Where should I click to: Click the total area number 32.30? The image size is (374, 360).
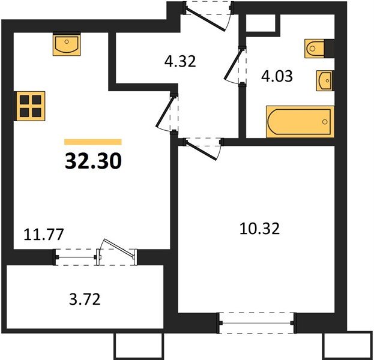(x=93, y=161)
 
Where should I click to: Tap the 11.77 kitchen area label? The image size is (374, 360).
(x=44, y=234)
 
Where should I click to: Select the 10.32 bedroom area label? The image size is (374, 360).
(x=259, y=229)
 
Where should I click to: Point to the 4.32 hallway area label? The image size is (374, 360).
(x=180, y=61)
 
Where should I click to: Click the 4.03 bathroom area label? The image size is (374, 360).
(x=277, y=76)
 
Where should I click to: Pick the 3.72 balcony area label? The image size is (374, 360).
(x=85, y=299)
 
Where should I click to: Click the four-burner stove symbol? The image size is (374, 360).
(x=31, y=106)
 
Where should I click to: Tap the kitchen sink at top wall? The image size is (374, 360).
(x=67, y=44)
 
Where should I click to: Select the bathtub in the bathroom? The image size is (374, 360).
(x=300, y=122)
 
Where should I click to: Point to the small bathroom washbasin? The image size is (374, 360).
(x=325, y=80)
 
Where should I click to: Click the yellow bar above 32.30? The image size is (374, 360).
(x=93, y=142)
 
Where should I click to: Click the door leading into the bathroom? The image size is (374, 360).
(x=235, y=64)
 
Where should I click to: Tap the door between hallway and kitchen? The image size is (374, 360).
(x=167, y=112)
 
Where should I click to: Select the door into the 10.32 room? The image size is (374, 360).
(x=203, y=148)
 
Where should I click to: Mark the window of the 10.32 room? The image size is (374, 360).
(x=256, y=323)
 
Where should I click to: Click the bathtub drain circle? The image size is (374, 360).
(x=325, y=122)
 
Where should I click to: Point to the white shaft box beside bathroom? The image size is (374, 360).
(x=261, y=23)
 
